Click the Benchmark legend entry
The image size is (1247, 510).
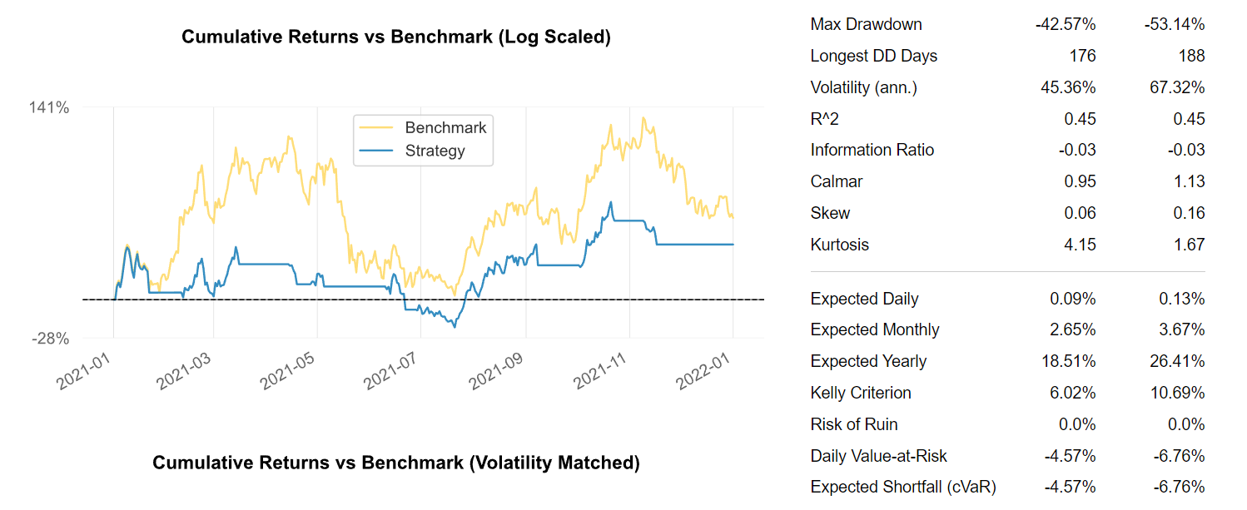tap(445, 127)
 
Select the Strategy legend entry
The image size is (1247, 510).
tap(435, 151)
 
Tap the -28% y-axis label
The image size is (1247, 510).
tap(50, 339)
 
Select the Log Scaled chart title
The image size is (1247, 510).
tap(396, 37)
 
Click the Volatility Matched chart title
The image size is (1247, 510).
tap(396, 463)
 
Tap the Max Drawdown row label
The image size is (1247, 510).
tap(866, 24)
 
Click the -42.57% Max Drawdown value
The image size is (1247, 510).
tap(1066, 24)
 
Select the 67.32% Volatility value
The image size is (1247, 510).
tap(1177, 87)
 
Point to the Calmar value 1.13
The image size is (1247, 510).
tap(1189, 181)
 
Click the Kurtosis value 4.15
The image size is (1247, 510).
tap(1080, 245)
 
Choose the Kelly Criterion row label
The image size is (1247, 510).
tap(861, 393)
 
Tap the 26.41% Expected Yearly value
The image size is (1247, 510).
tap(1177, 361)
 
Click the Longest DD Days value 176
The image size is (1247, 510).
tap(1083, 56)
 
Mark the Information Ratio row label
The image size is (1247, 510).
tap(872, 150)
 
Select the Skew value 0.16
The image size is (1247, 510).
tap(1189, 213)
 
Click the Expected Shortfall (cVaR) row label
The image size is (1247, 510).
tap(903, 487)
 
